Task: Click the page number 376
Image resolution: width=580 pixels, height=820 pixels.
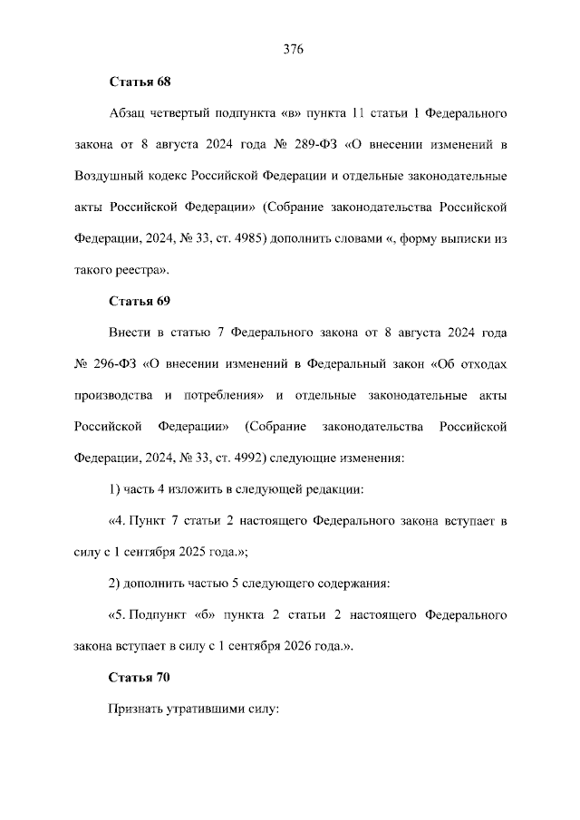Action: (x=291, y=49)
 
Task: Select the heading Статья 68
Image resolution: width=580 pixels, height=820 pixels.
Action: (x=140, y=82)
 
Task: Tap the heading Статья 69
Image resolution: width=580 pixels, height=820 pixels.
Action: (x=140, y=300)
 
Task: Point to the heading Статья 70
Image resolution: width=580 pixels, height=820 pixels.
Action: (x=140, y=677)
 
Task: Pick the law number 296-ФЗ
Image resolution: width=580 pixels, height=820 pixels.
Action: (x=112, y=363)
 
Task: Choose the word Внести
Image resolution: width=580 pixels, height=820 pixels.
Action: (x=130, y=332)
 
